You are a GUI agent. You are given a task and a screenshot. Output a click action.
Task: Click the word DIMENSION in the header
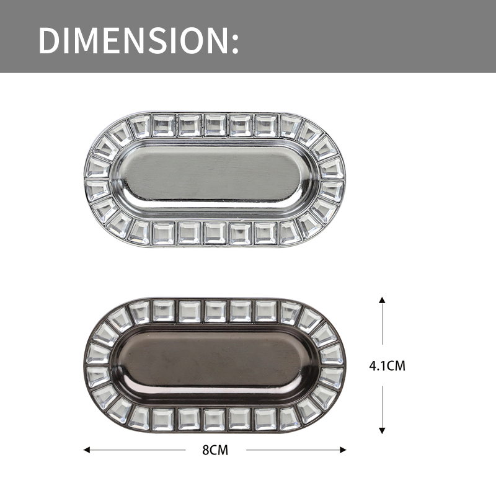tap(133, 40)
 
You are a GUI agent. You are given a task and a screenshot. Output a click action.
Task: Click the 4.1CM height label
tap(387, 366)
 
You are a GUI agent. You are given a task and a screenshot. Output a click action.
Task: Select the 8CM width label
tap(215, 450)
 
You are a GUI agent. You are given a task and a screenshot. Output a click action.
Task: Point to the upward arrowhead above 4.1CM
tap(382, 300)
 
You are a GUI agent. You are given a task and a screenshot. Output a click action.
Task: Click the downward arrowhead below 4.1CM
tap(382, 430)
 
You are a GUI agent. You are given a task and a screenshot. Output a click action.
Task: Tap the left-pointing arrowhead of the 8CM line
tap(86, 450)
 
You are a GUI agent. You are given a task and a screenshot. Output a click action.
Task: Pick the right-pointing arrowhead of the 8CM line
tap(343, 450)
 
